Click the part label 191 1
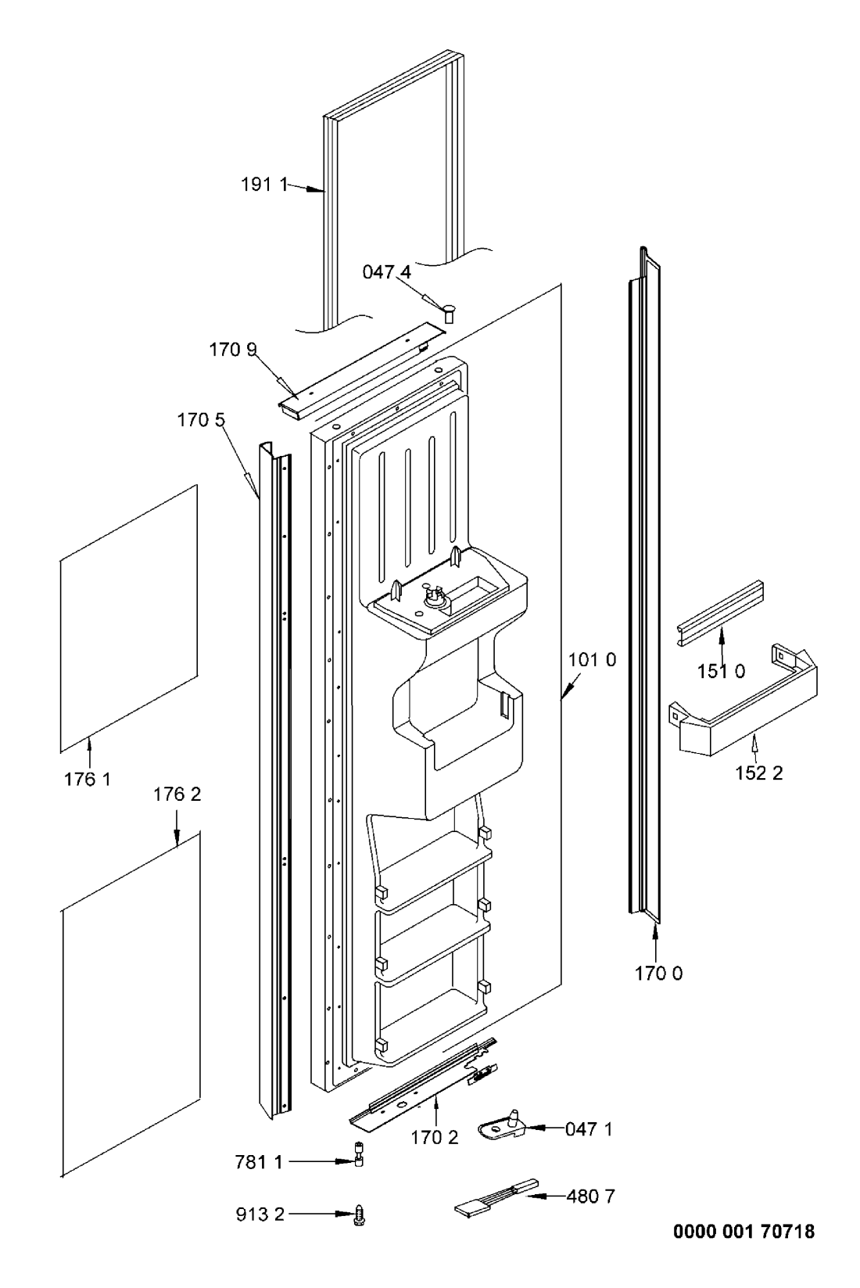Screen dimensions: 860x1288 [263, 185]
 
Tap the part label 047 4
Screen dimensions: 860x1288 [387, 272]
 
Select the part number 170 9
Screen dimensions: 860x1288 [233, 350]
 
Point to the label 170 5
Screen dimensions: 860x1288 [201, 420]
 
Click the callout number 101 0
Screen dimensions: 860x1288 [592, 660]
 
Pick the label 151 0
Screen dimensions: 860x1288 [722, 671]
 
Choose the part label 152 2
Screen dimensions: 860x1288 [759, 773]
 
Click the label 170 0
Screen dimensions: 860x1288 [659, 974]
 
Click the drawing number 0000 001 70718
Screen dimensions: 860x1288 [744, 1232]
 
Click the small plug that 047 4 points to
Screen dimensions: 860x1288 [449, 314]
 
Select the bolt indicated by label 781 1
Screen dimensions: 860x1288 [359, 1161]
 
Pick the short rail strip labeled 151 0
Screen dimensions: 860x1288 [720, 614]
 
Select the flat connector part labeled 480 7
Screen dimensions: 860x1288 [496, 1196]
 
